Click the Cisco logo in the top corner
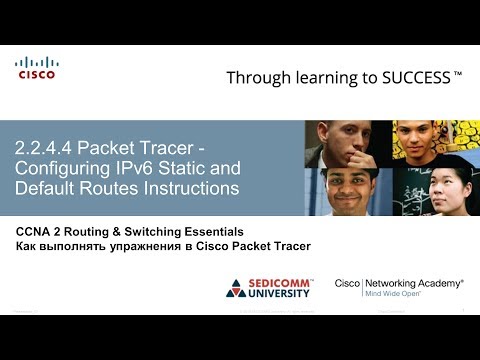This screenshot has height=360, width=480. (36, 68)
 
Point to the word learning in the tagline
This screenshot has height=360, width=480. (318, 77)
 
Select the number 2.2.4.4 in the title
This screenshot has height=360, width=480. (46, 148)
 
